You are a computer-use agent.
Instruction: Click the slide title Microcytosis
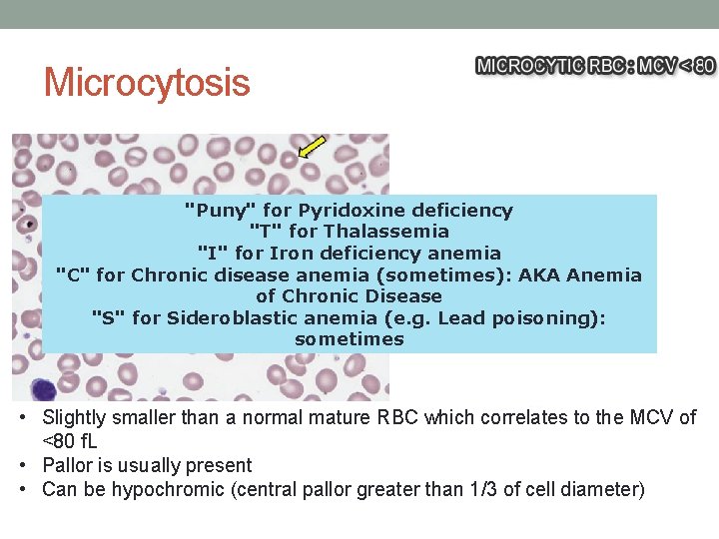(147, 82)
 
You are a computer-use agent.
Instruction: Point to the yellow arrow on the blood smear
(312, 147)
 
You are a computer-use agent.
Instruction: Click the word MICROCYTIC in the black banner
(527, 66)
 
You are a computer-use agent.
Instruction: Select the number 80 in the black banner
(703, 66)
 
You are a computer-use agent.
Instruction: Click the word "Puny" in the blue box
(221, 211)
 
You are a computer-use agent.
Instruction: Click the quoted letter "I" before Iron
(212, 254)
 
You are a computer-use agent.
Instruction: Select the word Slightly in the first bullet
(75, 417)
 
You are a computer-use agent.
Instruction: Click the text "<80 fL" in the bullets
(69, 441)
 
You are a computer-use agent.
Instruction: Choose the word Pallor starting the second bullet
(67, 465)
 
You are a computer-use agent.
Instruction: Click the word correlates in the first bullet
(467, 417)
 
